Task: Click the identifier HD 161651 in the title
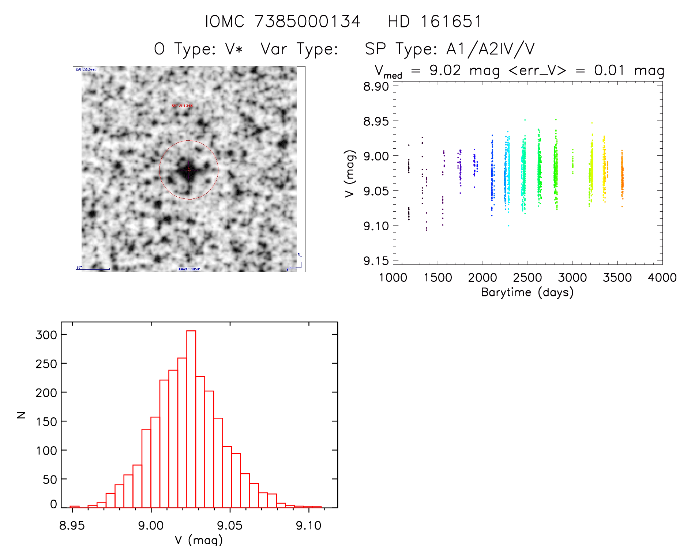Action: [435, 22]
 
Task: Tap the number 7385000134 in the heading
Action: [308, 22]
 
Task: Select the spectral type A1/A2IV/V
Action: [491, 49]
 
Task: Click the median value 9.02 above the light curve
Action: [445, 70]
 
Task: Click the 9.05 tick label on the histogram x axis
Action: [230, 526]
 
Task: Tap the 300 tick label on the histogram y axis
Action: [46, 334]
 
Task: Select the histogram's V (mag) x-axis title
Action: [199, 540]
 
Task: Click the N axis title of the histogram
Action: [22, 415]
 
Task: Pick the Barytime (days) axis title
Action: [527, 292]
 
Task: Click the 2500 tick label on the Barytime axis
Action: [527, 278]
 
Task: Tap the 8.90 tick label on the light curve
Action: [376, 87]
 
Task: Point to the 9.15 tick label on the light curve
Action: [376, 261]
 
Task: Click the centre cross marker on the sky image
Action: [189, 170]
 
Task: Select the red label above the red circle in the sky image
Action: [182, 106]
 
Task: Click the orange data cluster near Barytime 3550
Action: [622, 177]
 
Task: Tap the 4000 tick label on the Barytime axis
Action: [662, 278]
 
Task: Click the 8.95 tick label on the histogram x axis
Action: [72, 526]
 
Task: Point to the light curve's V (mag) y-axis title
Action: [350, 174]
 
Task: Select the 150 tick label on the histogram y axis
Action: [46, 421]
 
